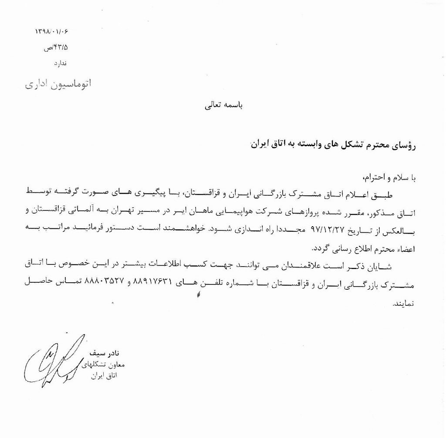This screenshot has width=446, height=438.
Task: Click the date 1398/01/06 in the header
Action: point(51,32)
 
